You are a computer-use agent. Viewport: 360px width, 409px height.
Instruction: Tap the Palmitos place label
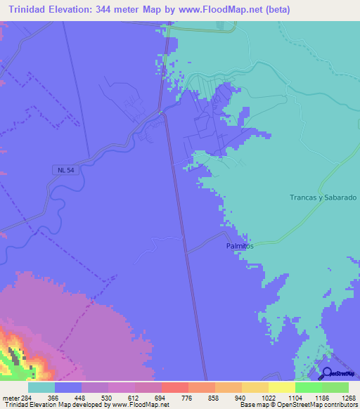click(x=240, y=247)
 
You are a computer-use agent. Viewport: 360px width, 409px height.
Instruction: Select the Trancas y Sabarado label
click(x=323, y=197)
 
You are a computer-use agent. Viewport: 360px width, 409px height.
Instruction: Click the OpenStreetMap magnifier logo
click(x=327, y=375)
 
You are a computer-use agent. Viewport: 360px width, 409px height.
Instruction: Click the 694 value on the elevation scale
click(x=161, y=397)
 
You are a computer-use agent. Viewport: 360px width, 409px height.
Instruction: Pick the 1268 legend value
click(x=348, y=397)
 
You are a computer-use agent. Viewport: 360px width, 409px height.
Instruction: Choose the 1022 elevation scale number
click(x=268, y=397)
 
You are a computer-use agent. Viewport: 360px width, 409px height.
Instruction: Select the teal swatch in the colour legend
click(x=41, y=387)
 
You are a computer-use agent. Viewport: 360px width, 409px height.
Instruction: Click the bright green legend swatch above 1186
click(x=309, y=387)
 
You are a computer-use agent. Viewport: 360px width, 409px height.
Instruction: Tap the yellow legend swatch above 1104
click(x=282, y=387)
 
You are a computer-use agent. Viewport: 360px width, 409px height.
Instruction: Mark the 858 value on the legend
click(x=214, y=397)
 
